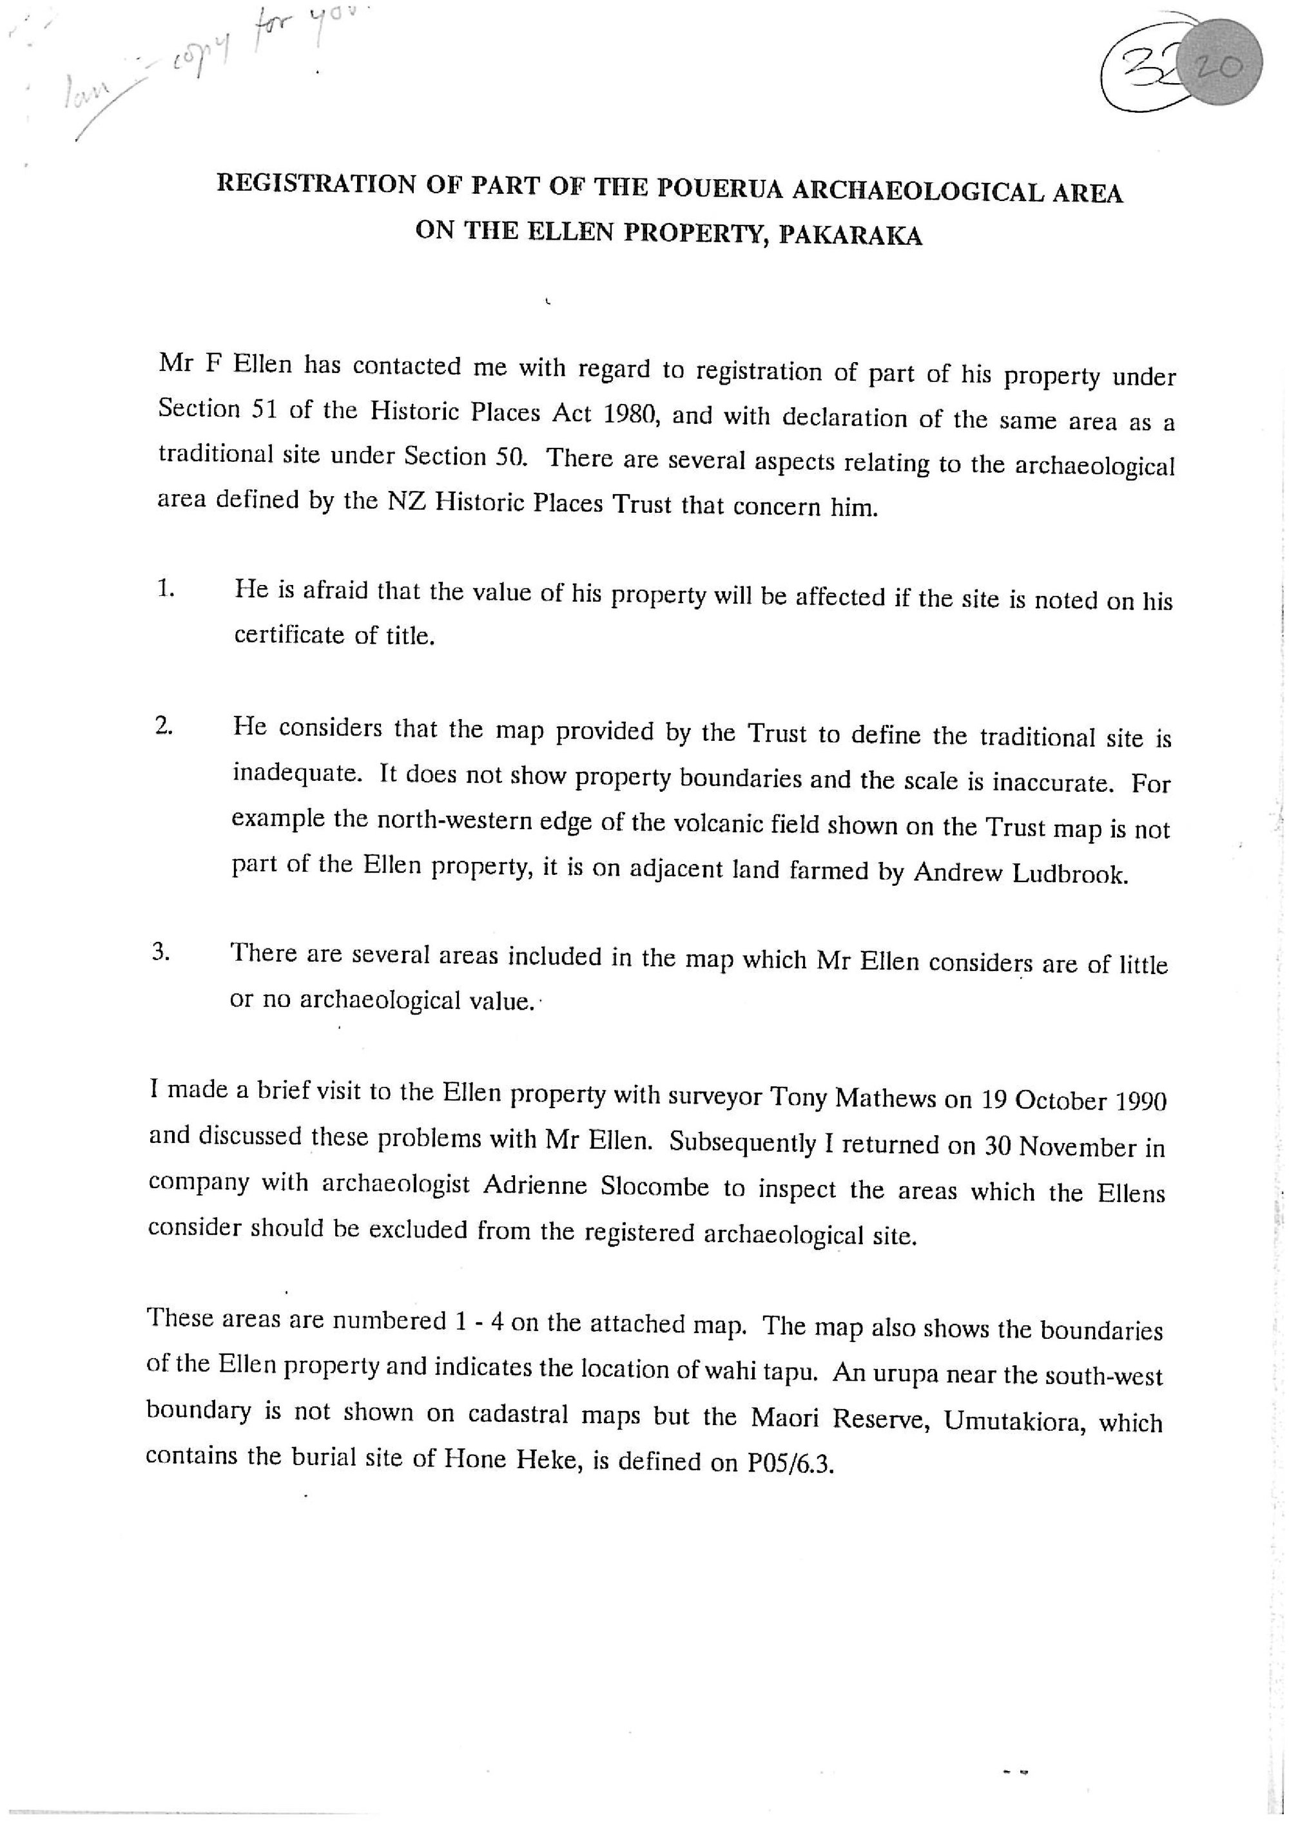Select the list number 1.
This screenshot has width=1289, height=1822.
[x=165, y=589]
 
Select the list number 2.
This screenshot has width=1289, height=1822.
[x=164, y=726]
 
